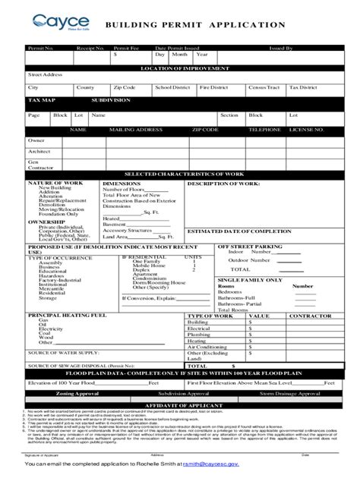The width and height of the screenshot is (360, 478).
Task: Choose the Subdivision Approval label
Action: (x=180, y=394)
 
